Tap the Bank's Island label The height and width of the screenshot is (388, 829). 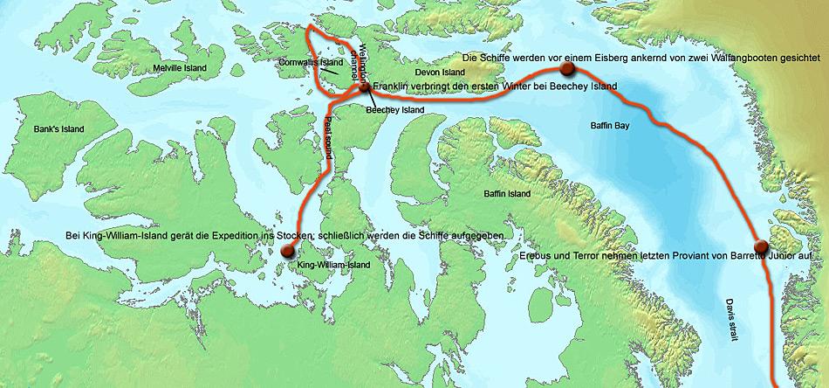58,129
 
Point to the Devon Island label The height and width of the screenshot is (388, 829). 416,72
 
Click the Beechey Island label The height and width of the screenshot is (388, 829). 394,110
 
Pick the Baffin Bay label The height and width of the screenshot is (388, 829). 610,126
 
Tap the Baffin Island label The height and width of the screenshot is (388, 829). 507,193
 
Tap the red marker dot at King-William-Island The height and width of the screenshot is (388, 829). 288,251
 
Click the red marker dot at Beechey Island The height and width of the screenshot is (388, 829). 366,87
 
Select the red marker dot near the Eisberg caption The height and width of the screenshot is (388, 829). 567,68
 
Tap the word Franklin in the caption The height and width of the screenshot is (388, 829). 394,87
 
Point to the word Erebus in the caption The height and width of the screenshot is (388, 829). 537,254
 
